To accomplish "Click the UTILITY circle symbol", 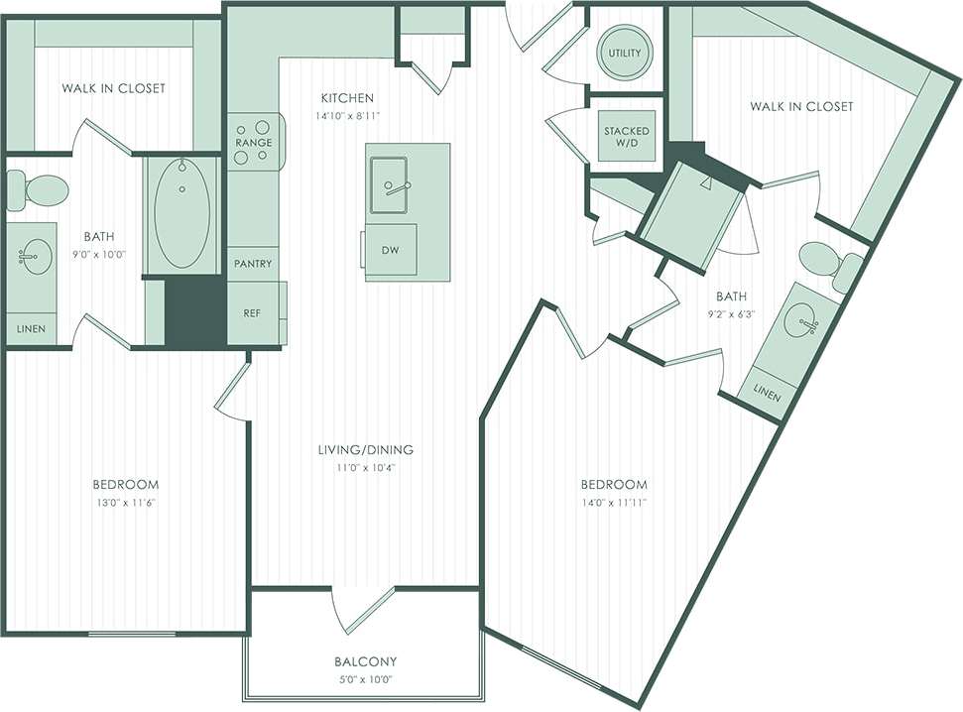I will (x=624, y=53).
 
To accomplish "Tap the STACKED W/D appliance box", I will (x=627, y=137).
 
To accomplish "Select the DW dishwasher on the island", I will (x=390, y=251).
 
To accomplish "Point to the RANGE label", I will (x=253, y=144).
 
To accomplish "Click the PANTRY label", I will (x=253, y=265).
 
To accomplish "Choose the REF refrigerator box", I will (x=252, y=312).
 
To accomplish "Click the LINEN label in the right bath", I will (x=766, y=395).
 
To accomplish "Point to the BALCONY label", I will (x=366, y=661).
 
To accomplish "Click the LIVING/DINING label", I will (x=366, y=449).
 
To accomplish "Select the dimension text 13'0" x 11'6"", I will (x=125, y=503).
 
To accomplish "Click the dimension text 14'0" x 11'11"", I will (x=614, y=503).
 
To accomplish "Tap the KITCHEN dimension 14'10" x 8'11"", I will (x=346, y=116).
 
